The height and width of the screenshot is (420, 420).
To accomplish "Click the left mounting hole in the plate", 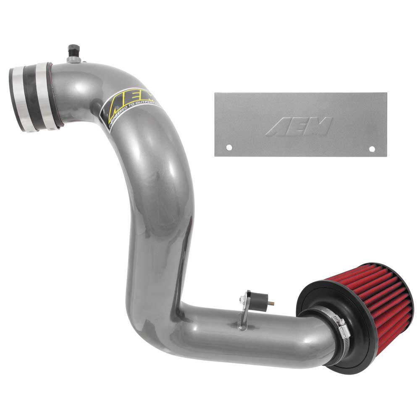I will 229,147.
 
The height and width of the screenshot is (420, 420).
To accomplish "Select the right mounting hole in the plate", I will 372,149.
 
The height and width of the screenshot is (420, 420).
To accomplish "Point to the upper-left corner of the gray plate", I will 216,94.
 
